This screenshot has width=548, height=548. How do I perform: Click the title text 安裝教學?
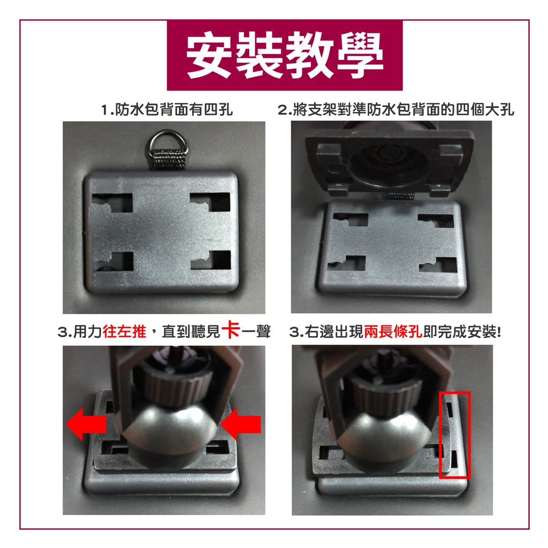285,55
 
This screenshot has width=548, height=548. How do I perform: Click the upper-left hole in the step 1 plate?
112,203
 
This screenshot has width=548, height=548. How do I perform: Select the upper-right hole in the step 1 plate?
210,202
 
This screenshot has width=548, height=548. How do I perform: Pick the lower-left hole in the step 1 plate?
113,261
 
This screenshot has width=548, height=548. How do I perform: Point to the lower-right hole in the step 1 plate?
211,260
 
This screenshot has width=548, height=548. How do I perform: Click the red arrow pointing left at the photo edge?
86,423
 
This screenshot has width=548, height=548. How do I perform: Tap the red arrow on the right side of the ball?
241,423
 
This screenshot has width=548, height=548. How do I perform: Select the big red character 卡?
231,330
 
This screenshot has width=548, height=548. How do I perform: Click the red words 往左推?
125,331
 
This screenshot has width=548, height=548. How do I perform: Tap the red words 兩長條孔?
393,331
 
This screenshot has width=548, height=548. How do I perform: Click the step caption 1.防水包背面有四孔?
167,110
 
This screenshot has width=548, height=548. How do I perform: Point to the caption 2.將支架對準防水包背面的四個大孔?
396,110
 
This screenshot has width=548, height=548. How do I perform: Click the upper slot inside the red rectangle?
451,409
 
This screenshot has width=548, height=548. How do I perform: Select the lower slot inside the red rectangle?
454,459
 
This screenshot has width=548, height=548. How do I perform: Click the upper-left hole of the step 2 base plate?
350,219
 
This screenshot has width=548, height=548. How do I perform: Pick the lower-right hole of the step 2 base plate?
438,265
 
